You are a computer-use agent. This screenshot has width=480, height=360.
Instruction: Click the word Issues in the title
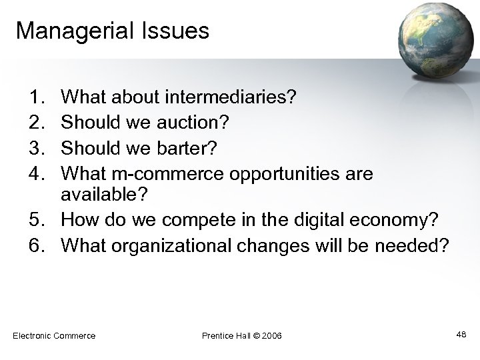(177, 31)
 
